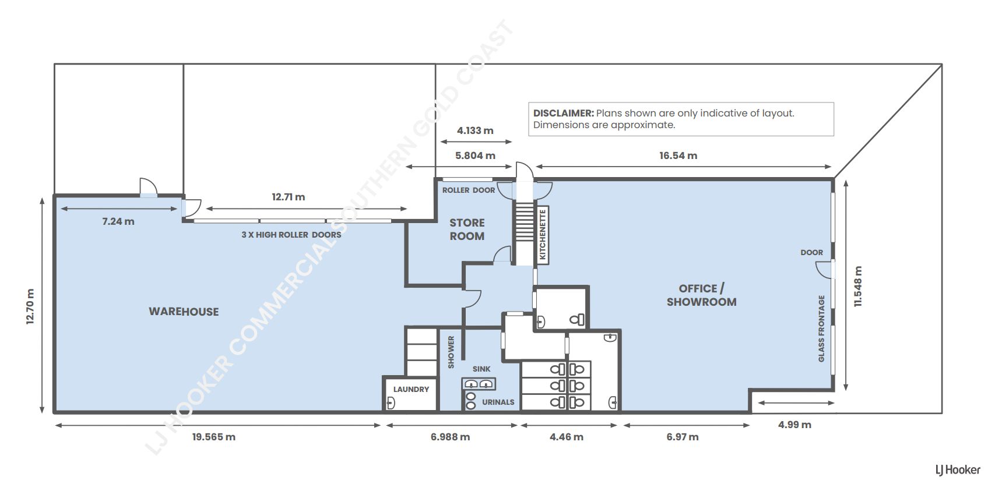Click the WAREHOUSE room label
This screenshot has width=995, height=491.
[184, 312]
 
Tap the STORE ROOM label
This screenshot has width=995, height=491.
[467, 229]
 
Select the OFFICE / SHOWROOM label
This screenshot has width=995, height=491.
[701, 295]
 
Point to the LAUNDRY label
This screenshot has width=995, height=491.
[411, 389]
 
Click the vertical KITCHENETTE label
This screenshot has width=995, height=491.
[542, 234]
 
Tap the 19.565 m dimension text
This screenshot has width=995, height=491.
[214, 437]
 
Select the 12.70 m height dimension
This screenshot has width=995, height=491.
[30, 306]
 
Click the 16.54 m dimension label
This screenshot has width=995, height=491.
[678, 156]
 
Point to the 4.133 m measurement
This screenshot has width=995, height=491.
[475, 130]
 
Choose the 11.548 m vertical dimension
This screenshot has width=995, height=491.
[858, 287]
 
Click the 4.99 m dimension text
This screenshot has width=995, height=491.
[794, 425]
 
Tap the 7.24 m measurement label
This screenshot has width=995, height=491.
[118, 221]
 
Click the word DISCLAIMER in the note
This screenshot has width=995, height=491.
[563, 113]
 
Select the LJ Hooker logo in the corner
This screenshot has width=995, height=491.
[958, 469]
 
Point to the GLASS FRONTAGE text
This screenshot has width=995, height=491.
[821, 328]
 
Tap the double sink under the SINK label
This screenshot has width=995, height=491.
[479, 384]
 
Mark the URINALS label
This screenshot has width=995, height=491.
[498, 402]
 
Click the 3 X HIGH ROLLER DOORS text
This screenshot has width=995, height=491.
[291, 235]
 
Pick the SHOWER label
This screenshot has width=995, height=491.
[451, 352]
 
